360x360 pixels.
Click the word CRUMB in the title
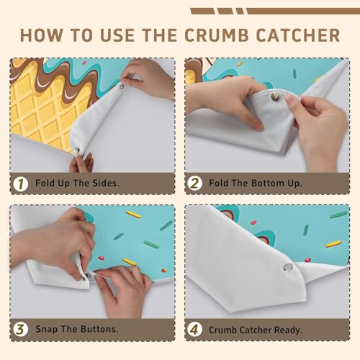coord(217,35)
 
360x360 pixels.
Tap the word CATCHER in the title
coord(298,35)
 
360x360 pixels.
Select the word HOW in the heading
coord(41,35)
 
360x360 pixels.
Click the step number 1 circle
coord(21,184)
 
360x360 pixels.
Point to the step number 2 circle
coord(194,184)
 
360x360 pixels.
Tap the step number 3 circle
coord(21,329)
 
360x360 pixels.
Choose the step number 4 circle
coord(194,330)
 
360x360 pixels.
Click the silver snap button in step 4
coord(288,267)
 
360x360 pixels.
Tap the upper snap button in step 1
coord(122,86)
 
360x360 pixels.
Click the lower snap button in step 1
coord(76,152)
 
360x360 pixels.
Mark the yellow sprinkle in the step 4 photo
coord(333,244)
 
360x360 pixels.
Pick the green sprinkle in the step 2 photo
coord(295,73)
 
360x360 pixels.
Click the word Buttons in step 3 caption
coord(99,329)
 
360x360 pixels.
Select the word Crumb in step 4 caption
coord(223,330)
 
